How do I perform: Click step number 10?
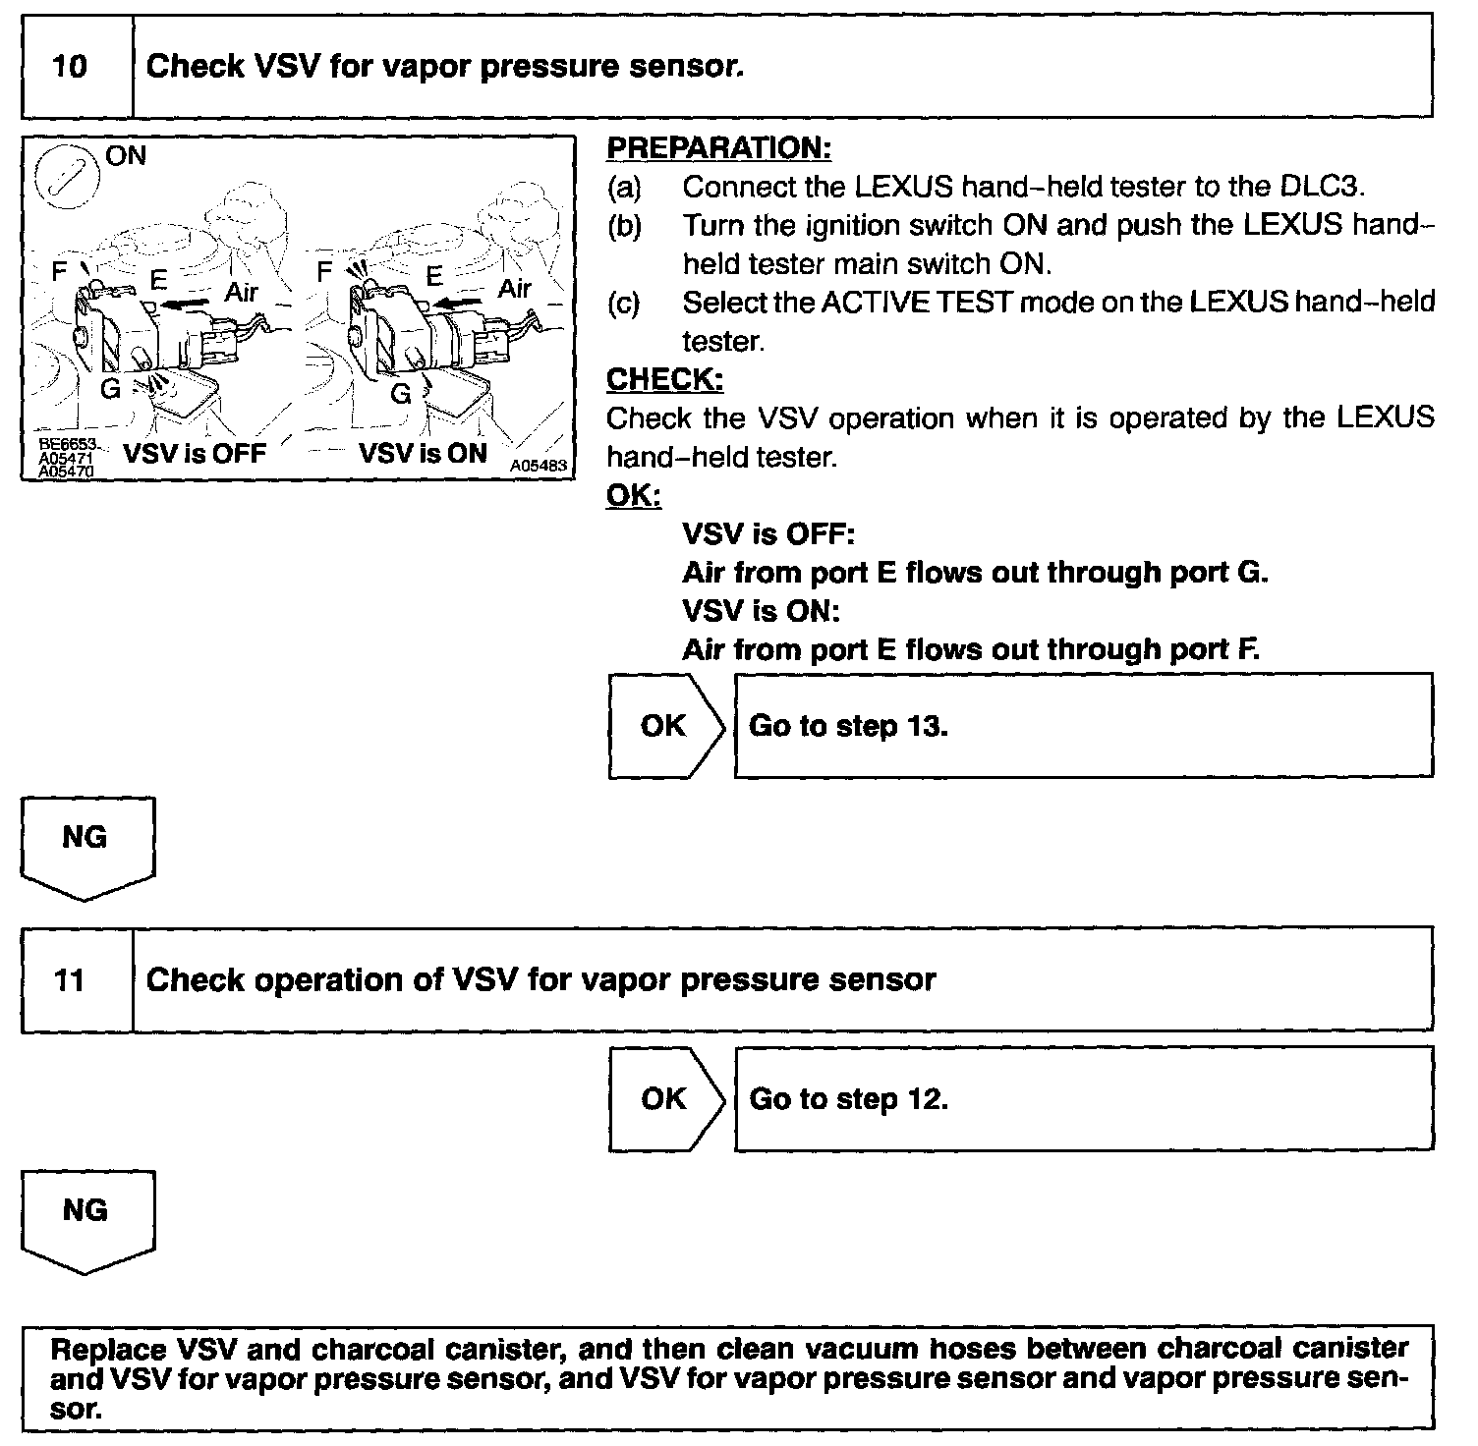click(70, 67)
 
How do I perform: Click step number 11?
click(70, 980)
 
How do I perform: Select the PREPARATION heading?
click(718, 148)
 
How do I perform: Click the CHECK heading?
click(664, 379)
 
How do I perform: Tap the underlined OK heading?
click(634, 496)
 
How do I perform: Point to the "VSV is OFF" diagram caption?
click(194, 454)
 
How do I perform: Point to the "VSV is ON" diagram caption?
click(423, 454)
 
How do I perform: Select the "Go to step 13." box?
click(1082, 726)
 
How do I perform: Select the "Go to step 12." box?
click(1082, 1098)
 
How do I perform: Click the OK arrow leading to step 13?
click(666, 726)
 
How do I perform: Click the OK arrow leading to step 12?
click(666, 1098)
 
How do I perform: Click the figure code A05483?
click(539, 466)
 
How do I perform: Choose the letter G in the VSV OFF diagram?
click(111, 389)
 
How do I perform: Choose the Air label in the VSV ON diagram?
click(514, 289)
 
